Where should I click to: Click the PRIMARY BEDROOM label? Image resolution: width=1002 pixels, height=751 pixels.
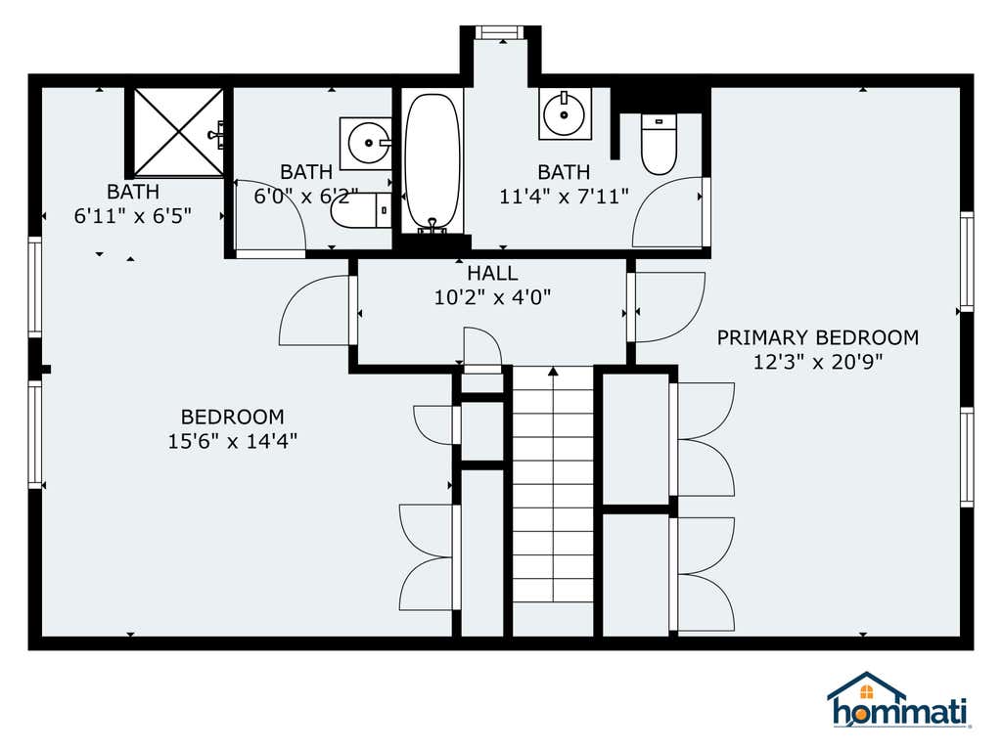click(x=817, y=337)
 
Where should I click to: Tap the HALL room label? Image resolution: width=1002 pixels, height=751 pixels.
click(x=492, y=274)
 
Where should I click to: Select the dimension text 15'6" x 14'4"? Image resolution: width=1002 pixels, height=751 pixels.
click(x=233, y=441)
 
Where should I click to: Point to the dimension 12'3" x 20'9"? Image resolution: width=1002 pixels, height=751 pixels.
click(x=817, y=362)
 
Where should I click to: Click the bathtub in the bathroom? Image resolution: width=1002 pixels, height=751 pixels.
click(x=433, y=163)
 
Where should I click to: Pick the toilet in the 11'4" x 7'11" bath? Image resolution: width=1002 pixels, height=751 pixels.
click(x=659, y=145)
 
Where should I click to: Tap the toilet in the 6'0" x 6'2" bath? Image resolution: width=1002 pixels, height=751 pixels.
click(x=360, y=209)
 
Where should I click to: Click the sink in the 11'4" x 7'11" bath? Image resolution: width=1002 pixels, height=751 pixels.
click(x=565, y=113)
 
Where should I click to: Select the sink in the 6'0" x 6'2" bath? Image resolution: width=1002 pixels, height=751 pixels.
click(x=366, y=143)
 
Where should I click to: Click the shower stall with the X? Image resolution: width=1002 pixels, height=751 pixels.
click(x=178, y=132)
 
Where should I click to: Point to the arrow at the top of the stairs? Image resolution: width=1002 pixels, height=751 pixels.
click(x=554, y=371)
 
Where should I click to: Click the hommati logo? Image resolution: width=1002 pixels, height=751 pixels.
click(x=899, y=700)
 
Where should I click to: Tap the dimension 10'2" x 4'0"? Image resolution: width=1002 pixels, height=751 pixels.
click(x=492, y=297)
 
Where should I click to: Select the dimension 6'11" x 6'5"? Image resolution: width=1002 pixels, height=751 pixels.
click(x=133, y=216)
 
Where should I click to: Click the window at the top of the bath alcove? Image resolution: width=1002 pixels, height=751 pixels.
click(x=501, y=32)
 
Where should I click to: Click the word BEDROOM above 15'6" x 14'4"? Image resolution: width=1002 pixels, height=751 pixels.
click(x=233, y=417)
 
